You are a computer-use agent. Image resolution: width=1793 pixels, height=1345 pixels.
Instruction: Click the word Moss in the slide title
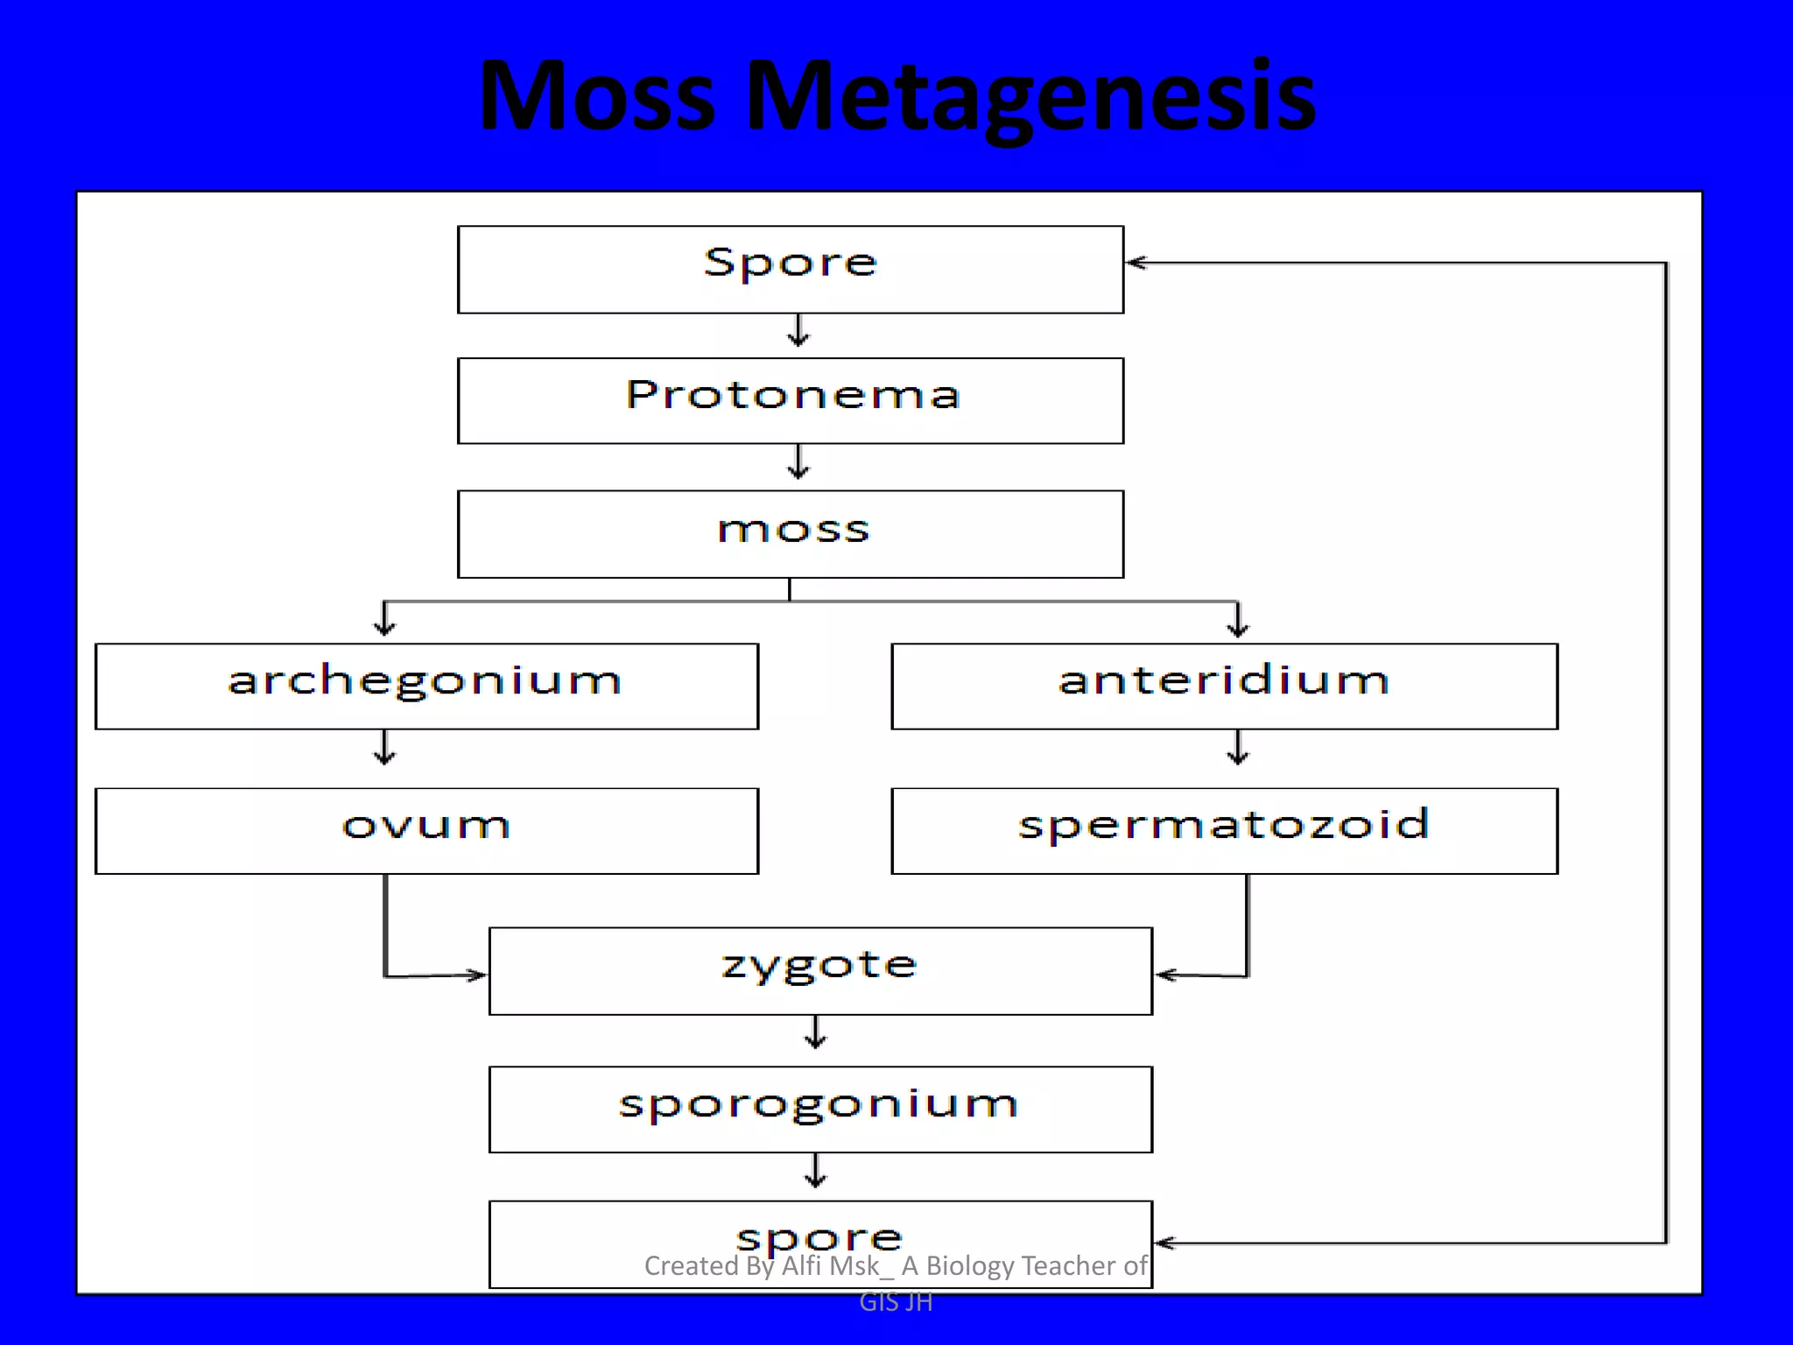[597, 96]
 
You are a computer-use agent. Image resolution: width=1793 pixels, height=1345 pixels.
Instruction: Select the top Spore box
[790, 269]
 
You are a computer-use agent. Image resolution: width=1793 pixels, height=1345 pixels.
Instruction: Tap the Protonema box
[790, 400]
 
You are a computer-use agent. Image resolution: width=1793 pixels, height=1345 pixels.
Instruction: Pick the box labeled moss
[790, 533]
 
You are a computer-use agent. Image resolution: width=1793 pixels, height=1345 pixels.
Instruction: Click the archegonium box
[426, 686]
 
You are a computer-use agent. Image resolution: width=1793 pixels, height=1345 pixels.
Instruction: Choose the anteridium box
[1224, 686]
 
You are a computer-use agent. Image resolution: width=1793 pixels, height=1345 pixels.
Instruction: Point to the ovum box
[426, 830]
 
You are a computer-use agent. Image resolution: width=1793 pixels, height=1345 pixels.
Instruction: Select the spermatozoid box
[1224, 830]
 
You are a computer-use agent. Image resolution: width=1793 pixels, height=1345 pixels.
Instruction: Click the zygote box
[820, 970]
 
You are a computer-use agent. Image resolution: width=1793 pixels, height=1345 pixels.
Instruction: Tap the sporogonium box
[820, 1109]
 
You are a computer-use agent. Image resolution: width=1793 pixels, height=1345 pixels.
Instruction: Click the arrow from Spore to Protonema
[798, 332]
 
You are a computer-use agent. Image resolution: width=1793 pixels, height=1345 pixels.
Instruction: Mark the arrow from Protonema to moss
[798, 463]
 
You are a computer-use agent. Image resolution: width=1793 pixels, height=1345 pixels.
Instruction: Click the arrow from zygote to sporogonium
[815, 1034]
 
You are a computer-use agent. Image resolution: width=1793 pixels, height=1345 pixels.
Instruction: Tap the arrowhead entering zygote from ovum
[477, 975]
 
